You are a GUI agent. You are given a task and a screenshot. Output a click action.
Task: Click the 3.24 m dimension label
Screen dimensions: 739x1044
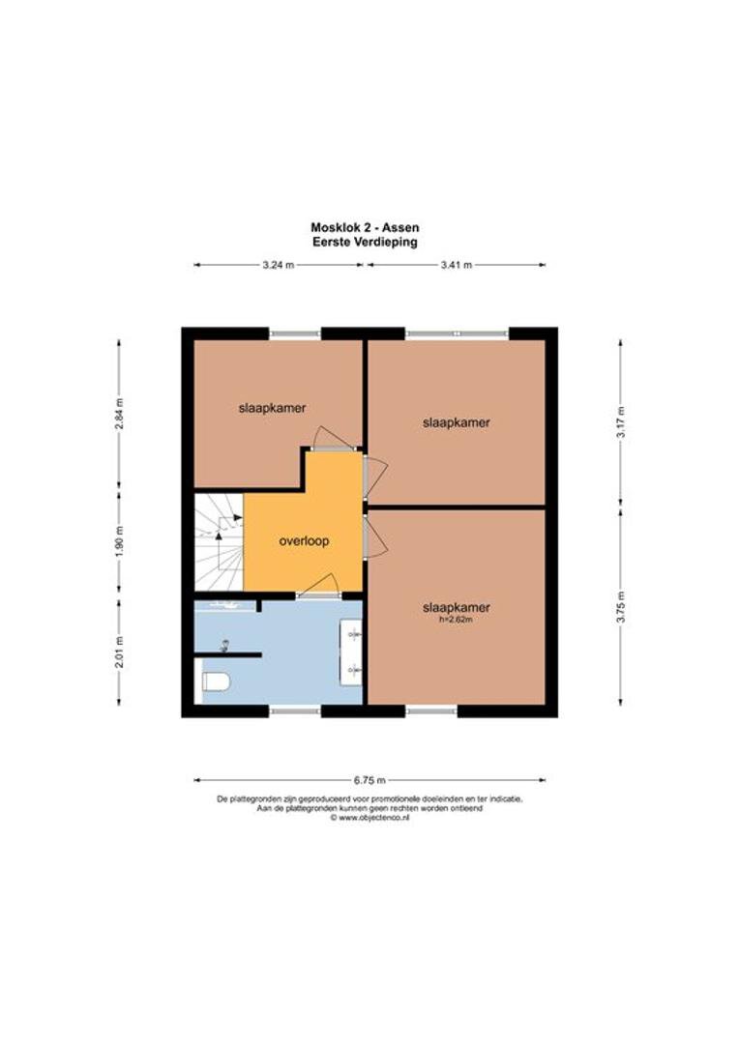click(x=278, y=265)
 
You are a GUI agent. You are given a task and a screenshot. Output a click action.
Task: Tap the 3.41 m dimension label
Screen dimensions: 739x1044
click(x=457, y=265)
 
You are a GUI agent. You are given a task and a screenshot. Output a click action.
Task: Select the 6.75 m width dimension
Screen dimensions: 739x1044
click(x=369, y=780)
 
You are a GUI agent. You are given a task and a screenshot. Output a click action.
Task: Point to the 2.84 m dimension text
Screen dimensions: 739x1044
click(x=119, y=414)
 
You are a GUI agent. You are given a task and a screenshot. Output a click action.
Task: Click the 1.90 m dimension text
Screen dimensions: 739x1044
click(x=119, y=541)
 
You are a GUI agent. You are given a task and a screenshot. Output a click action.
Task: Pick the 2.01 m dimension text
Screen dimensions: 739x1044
click(x=119, y=652)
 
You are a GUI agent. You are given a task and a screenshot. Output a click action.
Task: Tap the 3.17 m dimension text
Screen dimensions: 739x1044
click(x=620, y=421)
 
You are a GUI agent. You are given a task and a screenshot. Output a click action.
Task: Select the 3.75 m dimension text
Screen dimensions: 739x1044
click(x=620, y=606)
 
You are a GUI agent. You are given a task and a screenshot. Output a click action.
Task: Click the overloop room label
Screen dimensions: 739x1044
click(x=304, y=540)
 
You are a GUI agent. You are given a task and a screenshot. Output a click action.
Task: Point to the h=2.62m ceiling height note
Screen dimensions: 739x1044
click(x=457, y=620)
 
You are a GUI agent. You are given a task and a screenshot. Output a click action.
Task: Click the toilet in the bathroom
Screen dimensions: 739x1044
click(x=216, y=681)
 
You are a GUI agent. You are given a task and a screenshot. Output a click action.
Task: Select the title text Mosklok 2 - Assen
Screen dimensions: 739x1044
click(x=366, y=228)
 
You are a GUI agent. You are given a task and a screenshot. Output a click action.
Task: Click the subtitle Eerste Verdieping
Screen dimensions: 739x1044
click(x=366, y=243)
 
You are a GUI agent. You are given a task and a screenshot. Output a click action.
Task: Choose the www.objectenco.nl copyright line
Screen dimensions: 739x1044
click(x=369, y=819)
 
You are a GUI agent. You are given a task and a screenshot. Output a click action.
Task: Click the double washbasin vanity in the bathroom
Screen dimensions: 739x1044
click(x=351, y=652)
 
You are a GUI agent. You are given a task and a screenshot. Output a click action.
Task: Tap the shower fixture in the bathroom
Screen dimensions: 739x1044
click(x=224, y=645)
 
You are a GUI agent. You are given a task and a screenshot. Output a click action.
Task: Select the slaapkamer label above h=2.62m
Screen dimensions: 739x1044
click(x=457, y=607)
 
